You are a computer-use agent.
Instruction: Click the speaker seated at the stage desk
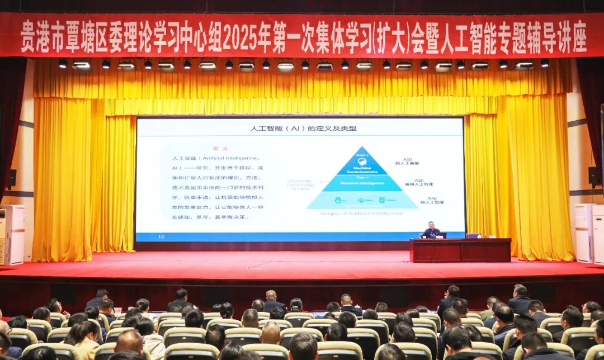[431, 230]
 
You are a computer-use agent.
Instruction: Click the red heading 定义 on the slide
[220, 148]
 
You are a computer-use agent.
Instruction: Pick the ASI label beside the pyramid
[408, 160]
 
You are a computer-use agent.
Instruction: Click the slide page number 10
[161, 236]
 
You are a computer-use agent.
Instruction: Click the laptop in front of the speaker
[441, 235]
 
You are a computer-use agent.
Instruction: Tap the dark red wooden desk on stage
[460, 250]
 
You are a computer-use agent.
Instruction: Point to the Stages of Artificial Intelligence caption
[361, 213]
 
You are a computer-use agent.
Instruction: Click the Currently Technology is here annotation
[301, 184]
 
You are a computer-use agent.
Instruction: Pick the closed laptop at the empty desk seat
[473, 236]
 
